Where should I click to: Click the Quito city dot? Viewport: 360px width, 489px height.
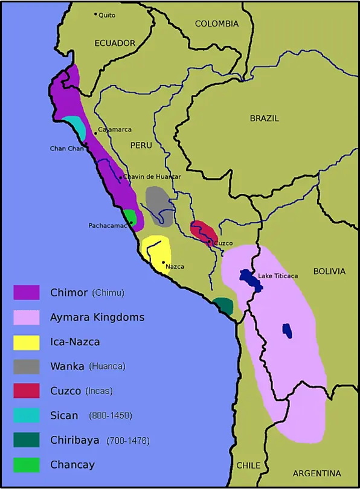pos(95,14)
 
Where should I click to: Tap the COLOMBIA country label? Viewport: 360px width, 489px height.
pos(216,24)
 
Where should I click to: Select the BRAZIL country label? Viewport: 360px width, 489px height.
pos(264,118)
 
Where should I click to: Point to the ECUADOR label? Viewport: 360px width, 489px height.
pos(115,43)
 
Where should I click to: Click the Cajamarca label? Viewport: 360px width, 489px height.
pos(115,129)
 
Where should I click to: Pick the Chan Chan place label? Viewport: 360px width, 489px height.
pos(66,149)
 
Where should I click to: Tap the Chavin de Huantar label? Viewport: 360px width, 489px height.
pos(152,176)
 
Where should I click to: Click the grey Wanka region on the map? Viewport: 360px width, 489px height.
pos(158,205)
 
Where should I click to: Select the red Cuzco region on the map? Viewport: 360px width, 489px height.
pos(203,232)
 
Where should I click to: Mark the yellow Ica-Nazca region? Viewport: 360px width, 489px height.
pos(156,254)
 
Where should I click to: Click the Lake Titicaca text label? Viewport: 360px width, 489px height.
pos(278,276)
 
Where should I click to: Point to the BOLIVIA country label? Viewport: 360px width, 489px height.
pos(329,272)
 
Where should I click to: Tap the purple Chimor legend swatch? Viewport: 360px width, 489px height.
pos(27,293)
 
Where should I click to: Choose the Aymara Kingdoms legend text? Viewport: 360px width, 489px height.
pos(97,317)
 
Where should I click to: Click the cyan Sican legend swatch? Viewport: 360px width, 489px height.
pos(27,415)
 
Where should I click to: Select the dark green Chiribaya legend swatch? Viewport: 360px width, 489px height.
pos(27,440)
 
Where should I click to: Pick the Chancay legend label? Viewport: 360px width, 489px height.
pos(72,465)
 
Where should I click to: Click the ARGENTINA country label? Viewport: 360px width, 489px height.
pos(317,473)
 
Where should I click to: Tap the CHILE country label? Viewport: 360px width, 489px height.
pos(248,465)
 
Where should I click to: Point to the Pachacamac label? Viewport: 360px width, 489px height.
pos(108,225)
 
